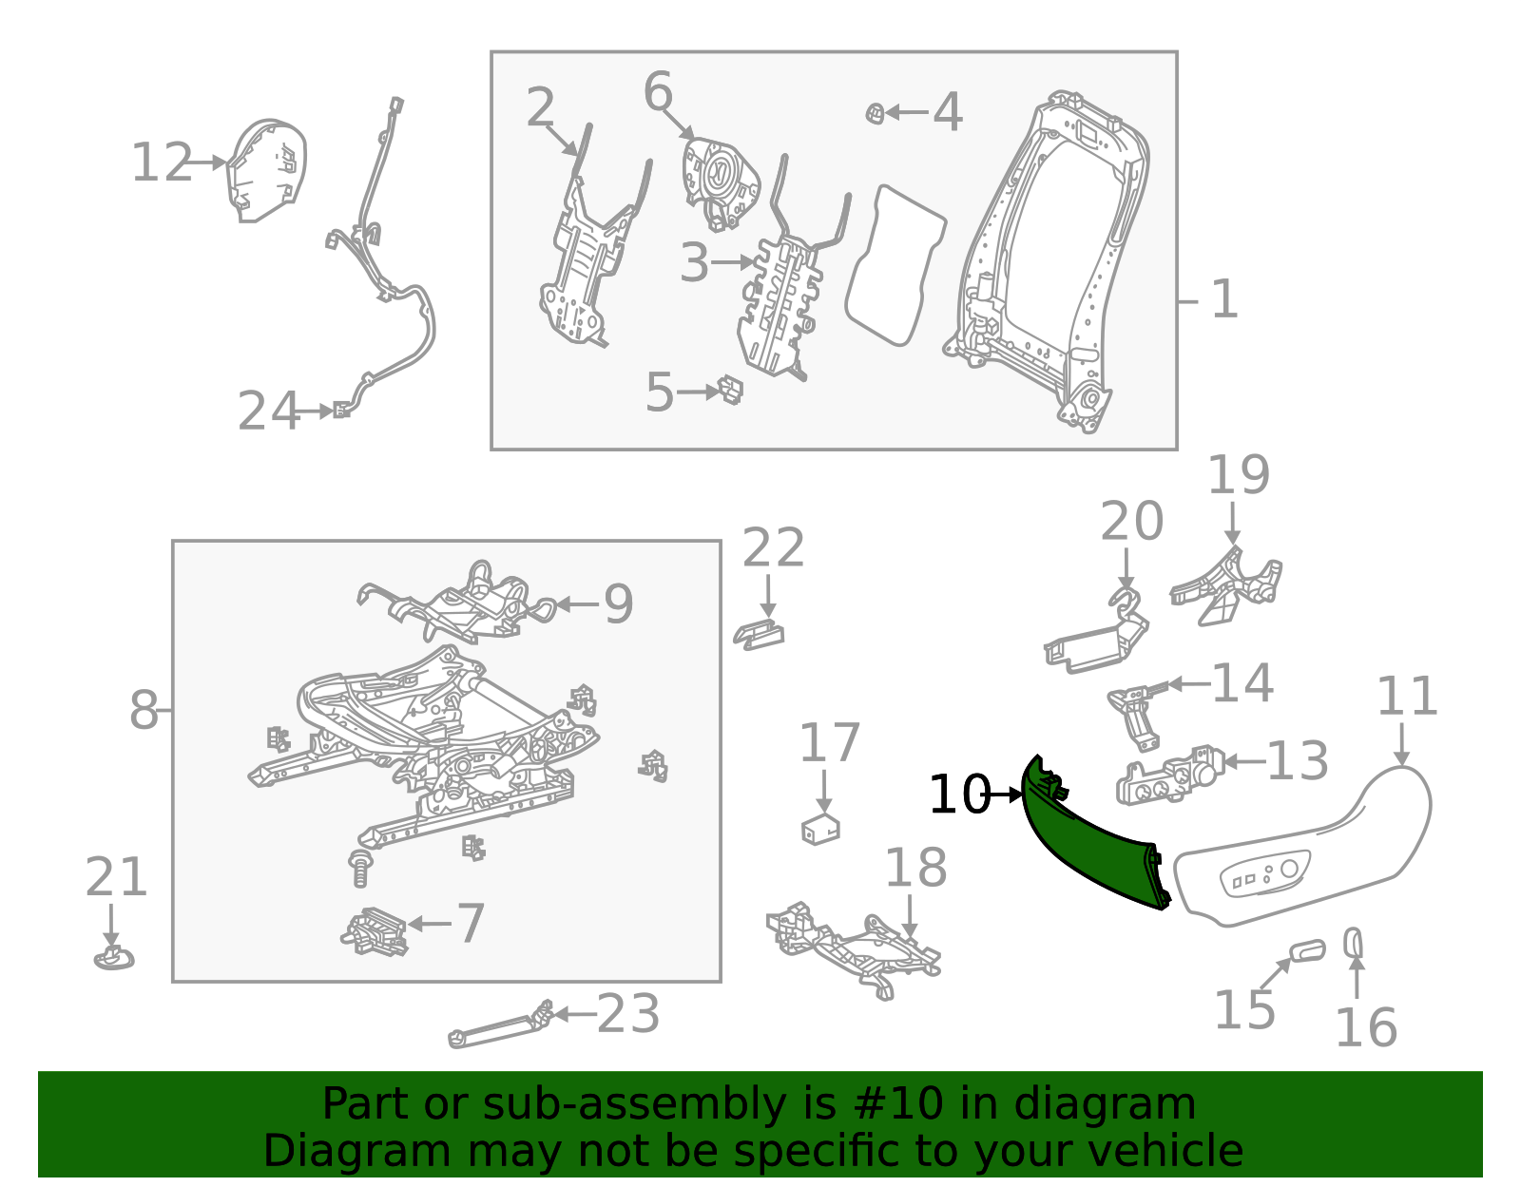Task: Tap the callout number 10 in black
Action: click(x=958, y=795)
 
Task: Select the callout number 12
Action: click(x=161, y=163)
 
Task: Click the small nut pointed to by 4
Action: click(x=875, y=114)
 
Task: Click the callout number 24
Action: click(x=268, y=412)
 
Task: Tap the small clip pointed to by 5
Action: click(x=731, y=389)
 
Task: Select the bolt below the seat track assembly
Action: click(x=360, y=869)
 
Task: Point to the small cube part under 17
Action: click(x=820, y=829)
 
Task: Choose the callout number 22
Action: click(x=773, y=548)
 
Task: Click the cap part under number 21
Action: click(x=113, y=958)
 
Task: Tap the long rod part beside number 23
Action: click(x=499, y=1028)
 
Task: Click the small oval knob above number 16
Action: click(x=1353, y=943)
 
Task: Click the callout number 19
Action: click(x=1238, y=475)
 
